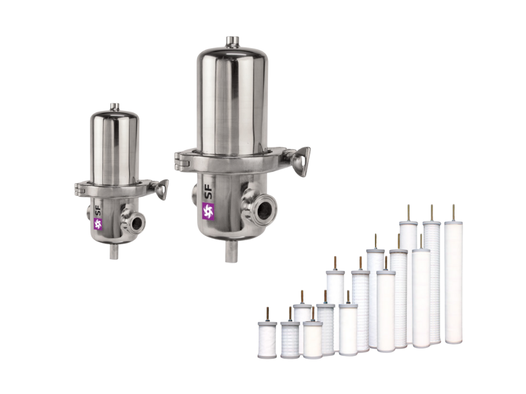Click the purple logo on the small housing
pos(98,224)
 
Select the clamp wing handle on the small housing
pos(162,188)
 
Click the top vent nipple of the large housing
pos(231,41)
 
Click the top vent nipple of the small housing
pos(115,106)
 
